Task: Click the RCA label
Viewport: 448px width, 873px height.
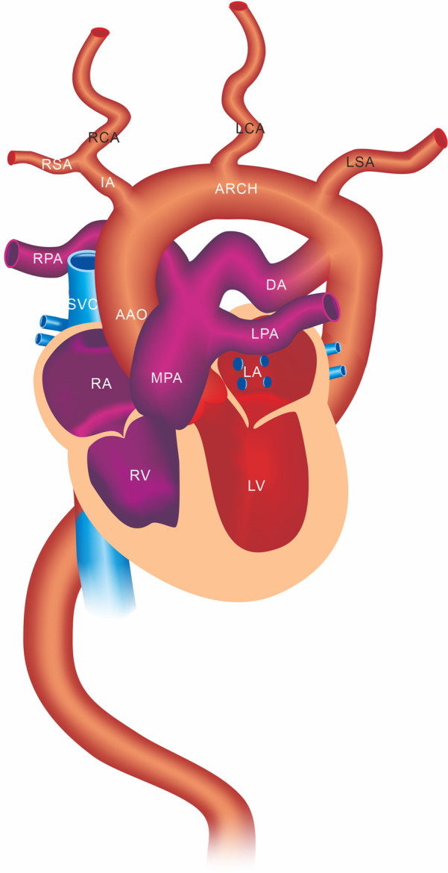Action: pyautogui.click(x=104, y=137)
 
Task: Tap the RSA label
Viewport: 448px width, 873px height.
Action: pyautogui.click(x=57, y=165)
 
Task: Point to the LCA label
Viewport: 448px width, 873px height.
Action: pyautogui.click(x=250, y=128)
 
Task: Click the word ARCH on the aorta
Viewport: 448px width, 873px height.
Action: pyautogui.click(x=236, y=189)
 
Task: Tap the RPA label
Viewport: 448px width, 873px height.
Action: pyautogui.click(x=48, y=260)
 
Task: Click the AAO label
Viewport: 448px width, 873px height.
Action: pyautogui.click(x=132, y=315)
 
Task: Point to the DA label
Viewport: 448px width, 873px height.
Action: pyautogui.click(x=276, y=284)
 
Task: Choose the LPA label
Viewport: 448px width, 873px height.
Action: pyautogui.click(x=265, y=334)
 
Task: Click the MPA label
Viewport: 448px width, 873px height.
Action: pyautogui.click(x=166, y=378)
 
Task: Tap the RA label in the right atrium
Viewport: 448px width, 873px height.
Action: pyautogui.click(x=101, y=384)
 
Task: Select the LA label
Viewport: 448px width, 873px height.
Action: pyautogui.click(x=253, y=371)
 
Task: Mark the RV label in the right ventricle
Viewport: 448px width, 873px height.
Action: pyautogui.click(x=140, y=475)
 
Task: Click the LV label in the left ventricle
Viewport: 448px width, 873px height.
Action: pyautogui.click(x=256, y=486)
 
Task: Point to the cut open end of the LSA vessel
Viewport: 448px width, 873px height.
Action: pyautogui.click(x=441, y=138)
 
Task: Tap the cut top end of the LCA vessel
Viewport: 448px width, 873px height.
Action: pyautogui.click(x=239, y=6)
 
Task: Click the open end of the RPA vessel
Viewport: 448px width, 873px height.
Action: pyautogui.click(x=11, y=254)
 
